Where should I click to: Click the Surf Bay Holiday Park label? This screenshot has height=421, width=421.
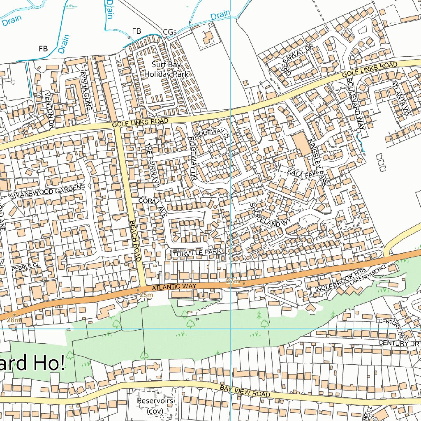[166, 69]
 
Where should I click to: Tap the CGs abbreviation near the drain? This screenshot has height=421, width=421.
[170, 32]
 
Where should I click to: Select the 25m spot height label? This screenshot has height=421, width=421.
[146, 295]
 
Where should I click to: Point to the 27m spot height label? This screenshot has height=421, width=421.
[233, 281]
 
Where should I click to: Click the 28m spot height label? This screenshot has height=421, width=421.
[13, 320]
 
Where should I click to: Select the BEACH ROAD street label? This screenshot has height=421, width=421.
[135, 241]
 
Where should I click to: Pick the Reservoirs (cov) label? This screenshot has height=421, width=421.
[155, 405]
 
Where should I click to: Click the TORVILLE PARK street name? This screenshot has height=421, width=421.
[197, 254]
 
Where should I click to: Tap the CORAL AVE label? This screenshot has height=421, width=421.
[153, 206]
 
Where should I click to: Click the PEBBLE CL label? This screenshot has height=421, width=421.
[25, 267]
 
